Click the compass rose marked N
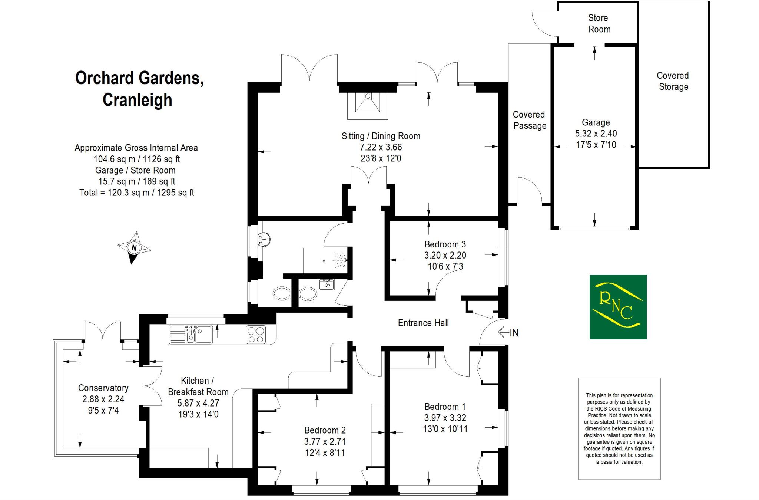tap(134, 247)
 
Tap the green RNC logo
tap(618, 307)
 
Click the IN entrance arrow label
tap(514, 333)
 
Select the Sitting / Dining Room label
tap(381, 136)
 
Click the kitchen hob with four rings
tap(256, 335)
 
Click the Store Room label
tap(599, 23)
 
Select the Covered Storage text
tap(673, 81)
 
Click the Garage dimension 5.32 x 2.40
tap(596, 134)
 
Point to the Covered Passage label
tap(529, 120)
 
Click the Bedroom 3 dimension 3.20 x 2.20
tap(445, 255)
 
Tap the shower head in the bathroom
tap(345, 260)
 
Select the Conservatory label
tap(103, 388)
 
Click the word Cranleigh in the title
tap(137, 100)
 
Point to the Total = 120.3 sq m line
tap(136, 193)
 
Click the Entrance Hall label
tap(423, 323)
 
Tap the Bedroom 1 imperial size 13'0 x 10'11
tap(445, 429)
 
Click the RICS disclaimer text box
tap(619, 428)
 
